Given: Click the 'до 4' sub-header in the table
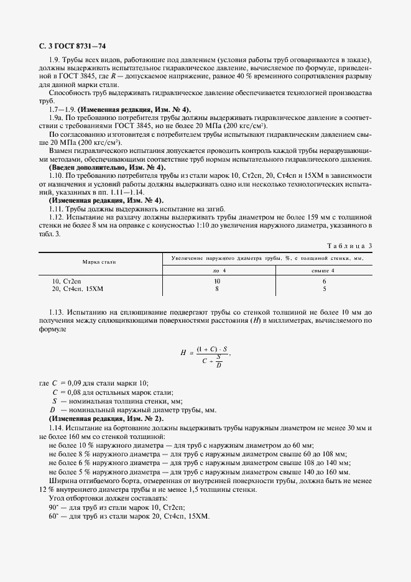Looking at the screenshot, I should (x=216, y=270).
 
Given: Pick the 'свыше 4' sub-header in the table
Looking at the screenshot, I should (x=323, y=270).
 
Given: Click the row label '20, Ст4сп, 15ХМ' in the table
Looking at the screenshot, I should (x=78, y=289).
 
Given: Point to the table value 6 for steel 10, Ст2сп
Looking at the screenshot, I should (x=324, y=281).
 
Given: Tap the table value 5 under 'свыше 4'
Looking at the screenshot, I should (x=324, y=289).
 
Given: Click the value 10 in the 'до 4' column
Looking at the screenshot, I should (x=216, y=281).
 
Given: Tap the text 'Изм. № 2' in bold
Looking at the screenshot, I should (x=144, y=419).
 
